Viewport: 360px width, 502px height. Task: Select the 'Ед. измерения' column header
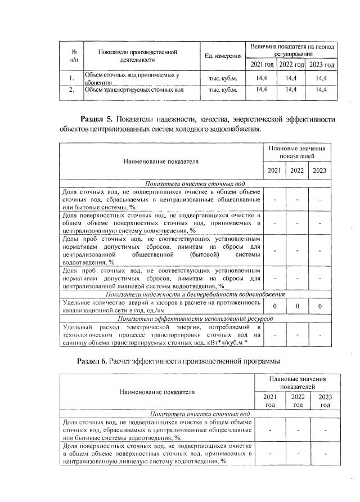(224, 55)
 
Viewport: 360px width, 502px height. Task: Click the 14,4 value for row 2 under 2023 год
(322, 89)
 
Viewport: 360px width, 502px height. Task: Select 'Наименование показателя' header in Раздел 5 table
(161, 162)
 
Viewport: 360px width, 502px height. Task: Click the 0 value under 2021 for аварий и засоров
(274, 306)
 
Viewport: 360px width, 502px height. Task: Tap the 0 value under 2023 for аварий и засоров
(319, 306)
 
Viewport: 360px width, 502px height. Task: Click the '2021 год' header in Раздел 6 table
(270, 401)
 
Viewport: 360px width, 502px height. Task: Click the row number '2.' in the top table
(72, 89)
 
